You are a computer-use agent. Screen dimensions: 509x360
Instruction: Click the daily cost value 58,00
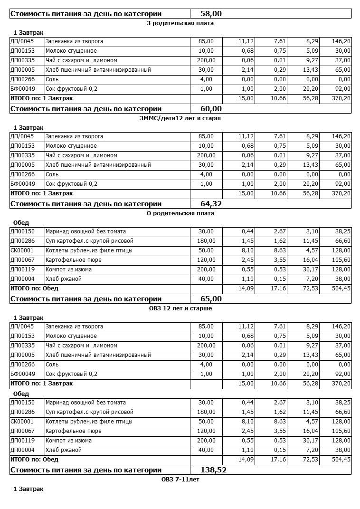[211, 14]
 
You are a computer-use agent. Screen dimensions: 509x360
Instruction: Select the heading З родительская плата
[180, 23]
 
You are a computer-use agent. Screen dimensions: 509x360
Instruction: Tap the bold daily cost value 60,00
[211, 109]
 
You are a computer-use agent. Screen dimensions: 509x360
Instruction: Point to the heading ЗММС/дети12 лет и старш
[180, 118]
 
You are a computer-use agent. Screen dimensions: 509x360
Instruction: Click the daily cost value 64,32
[211, 204]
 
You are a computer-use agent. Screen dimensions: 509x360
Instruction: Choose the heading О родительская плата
[180, 213]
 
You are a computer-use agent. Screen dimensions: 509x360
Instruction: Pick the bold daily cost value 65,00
[211, 299]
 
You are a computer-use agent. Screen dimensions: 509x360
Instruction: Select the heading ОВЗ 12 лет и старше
[180, 308]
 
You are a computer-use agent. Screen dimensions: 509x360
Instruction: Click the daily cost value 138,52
[214, 470]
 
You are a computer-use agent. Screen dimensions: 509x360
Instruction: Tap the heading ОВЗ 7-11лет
[180, 479]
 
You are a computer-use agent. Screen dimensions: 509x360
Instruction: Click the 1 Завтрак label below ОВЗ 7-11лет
[28, 489]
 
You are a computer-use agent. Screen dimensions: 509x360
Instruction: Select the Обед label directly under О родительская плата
[21, 222]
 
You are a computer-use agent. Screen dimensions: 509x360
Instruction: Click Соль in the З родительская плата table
[52, 79]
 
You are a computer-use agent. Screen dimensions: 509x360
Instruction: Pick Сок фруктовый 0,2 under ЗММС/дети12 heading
[71, 184]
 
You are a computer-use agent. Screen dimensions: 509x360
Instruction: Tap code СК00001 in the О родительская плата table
[22, 250]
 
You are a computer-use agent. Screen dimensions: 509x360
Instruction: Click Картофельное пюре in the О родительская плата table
[73, 260]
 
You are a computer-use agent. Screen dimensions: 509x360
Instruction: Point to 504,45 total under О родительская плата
[341, 288]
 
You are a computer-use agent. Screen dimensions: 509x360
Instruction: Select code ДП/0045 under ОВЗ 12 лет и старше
[22, 327]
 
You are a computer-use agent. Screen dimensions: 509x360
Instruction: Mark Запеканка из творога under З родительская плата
[74, 41]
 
